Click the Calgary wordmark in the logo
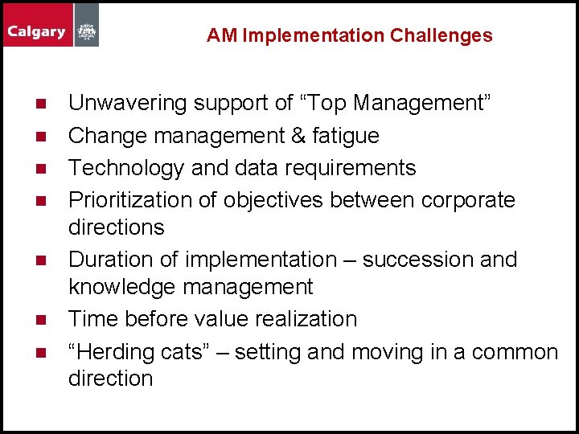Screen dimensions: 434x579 coord(37,32)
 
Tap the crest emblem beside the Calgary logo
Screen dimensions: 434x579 coord(86,33)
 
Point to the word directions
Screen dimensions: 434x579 coord(116,227)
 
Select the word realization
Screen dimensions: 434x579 coord(306,319)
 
